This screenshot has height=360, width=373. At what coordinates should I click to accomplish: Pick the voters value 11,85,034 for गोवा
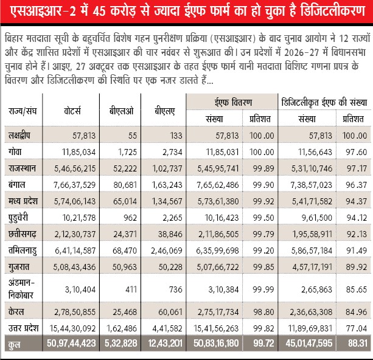point(75,150)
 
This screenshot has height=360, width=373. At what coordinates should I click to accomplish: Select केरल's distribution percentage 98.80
point(258,311)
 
